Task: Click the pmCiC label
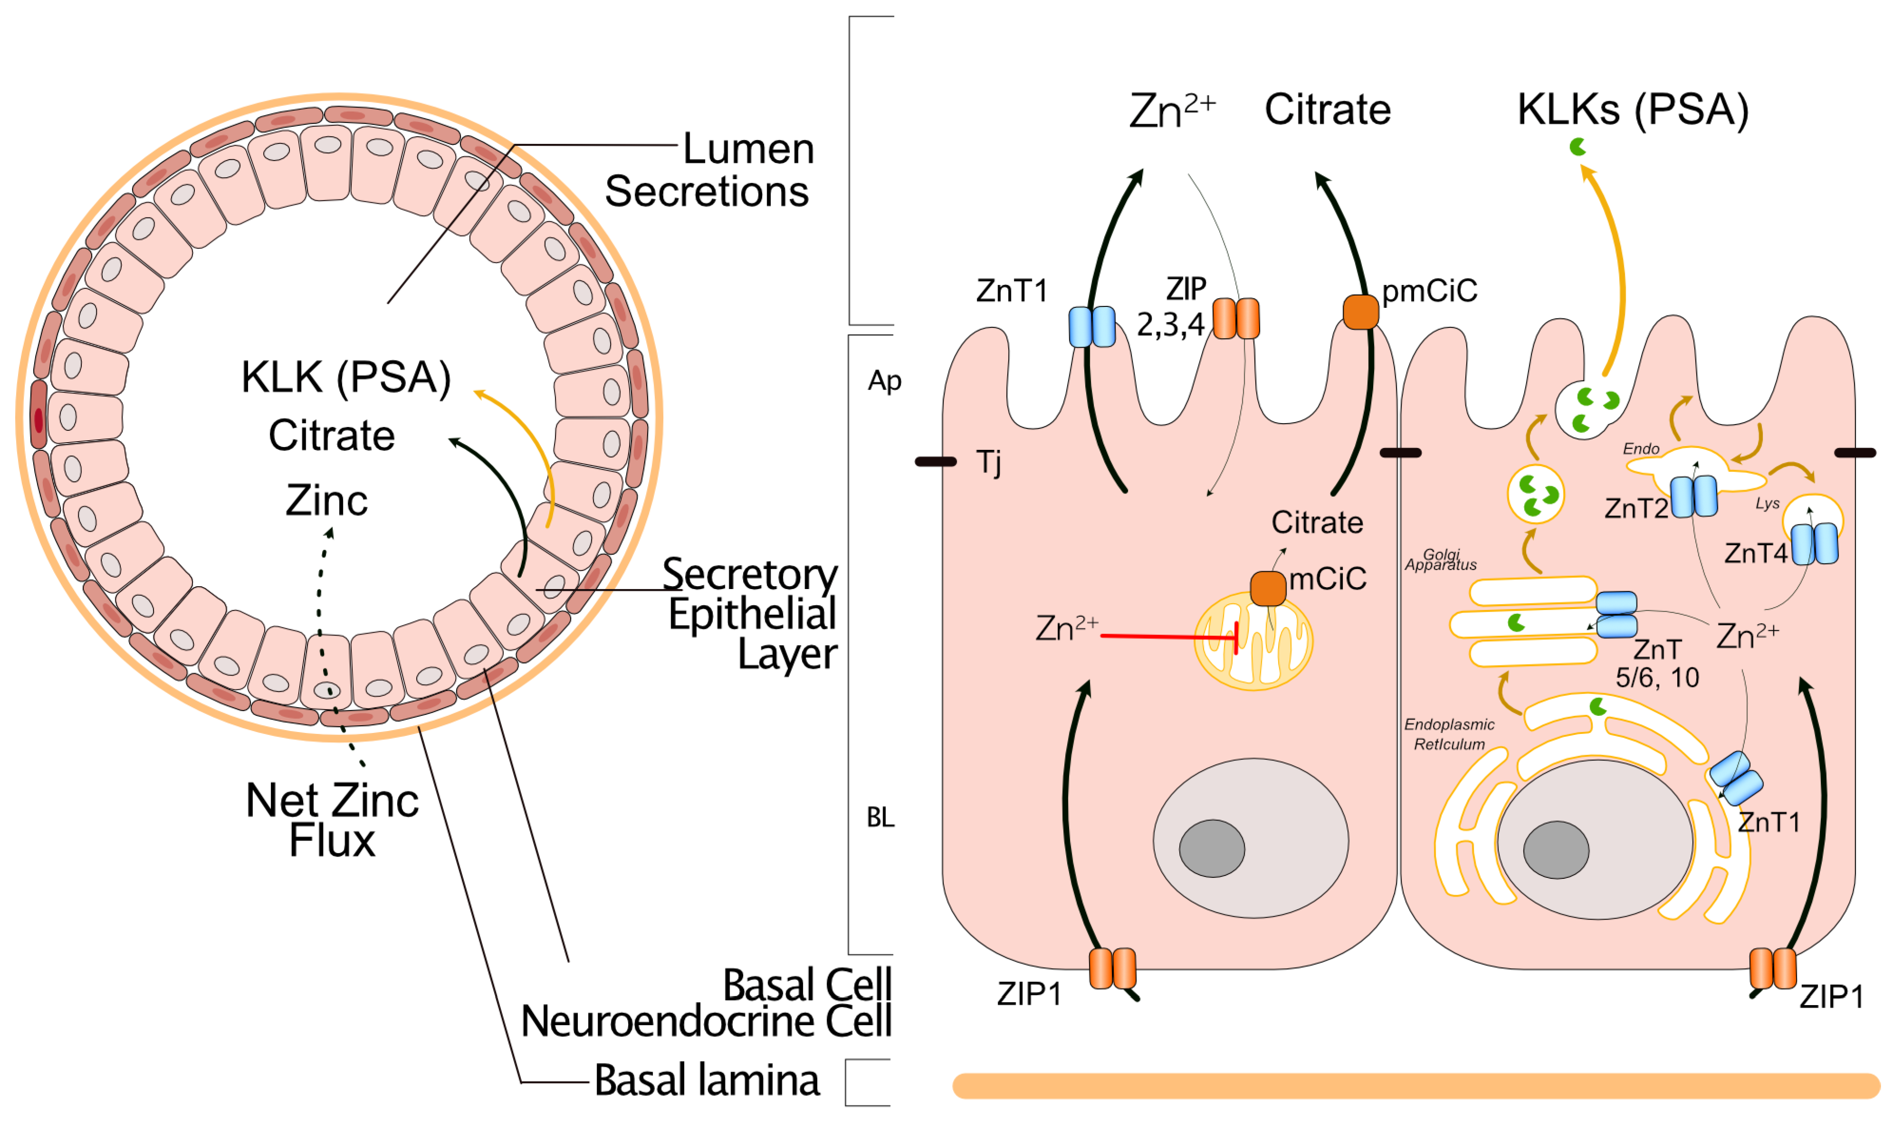(1429, 290)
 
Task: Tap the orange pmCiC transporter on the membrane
(1360, 312)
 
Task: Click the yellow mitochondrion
(1253, 641)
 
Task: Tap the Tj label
(989, 462)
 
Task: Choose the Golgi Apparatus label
(1440, 560)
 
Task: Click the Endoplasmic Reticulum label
(1450, 734)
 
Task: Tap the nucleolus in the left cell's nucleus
(1212, 848)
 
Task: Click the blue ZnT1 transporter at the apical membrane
(1092, 327)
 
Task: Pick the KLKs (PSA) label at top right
(1633, 110)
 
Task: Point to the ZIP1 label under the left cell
(1029, 994)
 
